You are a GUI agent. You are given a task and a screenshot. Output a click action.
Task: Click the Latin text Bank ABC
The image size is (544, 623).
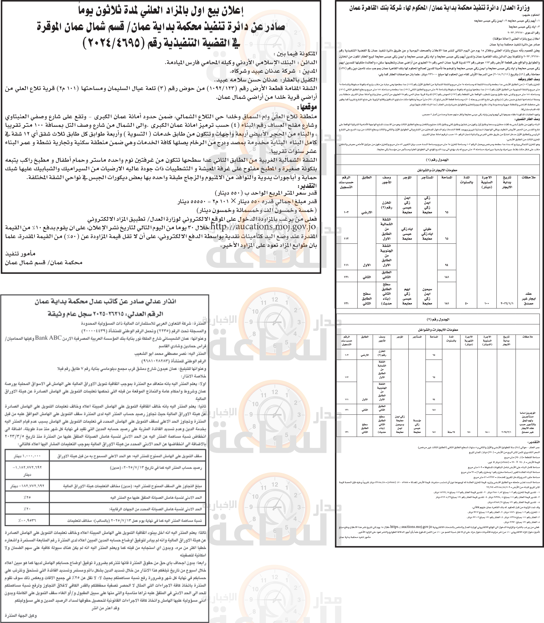(x=49, y=338)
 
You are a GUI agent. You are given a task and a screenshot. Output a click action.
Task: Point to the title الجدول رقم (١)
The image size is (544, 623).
(x=437, y=160)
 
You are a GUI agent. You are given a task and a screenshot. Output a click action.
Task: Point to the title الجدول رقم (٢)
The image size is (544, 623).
(x=437, y=319)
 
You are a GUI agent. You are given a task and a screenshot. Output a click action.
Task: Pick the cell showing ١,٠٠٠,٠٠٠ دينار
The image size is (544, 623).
(x=27, y=456)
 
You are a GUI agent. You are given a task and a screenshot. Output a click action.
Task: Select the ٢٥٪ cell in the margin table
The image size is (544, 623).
(x=27, y=497)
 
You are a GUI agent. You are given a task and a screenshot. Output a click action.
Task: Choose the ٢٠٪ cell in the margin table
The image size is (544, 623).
(x=27, y=509)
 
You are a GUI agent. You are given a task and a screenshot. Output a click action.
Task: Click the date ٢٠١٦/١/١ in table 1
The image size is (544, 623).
(x=507, y=303)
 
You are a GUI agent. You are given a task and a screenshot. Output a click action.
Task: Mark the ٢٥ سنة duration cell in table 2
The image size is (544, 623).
(x=451, y=432)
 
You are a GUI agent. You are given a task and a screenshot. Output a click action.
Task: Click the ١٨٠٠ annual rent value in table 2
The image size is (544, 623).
(x=487, y=432)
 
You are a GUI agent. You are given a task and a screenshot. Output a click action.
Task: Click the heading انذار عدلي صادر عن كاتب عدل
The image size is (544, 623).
(x=105, y=302)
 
